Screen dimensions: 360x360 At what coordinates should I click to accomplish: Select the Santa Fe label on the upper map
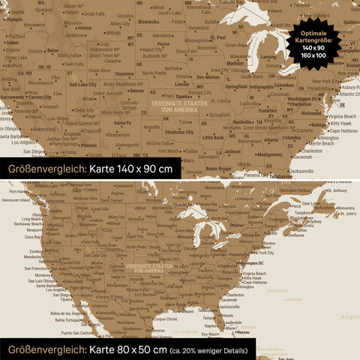point(121,122)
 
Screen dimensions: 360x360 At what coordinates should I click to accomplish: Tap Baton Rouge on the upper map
point(220,168)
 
